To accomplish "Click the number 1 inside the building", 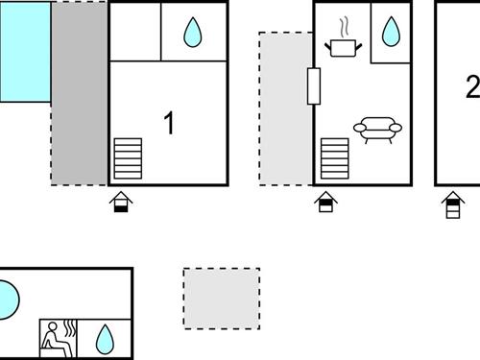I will click(169, 124).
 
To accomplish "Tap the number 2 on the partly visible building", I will click(471, 87).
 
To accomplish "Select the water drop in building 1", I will click(194, 33).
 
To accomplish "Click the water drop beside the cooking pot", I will click(391, 33).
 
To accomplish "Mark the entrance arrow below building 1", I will click(121, 202).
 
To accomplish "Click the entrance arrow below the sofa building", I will click(326, 202).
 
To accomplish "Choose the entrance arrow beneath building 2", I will click(452, 204).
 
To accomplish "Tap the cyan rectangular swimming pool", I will click(25, 51).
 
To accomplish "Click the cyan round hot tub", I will click(6, 300).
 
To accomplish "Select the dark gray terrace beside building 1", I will click(79, 93).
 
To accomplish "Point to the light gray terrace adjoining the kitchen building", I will click(286, 108).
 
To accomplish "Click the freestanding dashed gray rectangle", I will click(222, 299).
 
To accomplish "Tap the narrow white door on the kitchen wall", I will click(313, 86).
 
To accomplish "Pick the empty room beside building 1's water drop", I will click(134, 32).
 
